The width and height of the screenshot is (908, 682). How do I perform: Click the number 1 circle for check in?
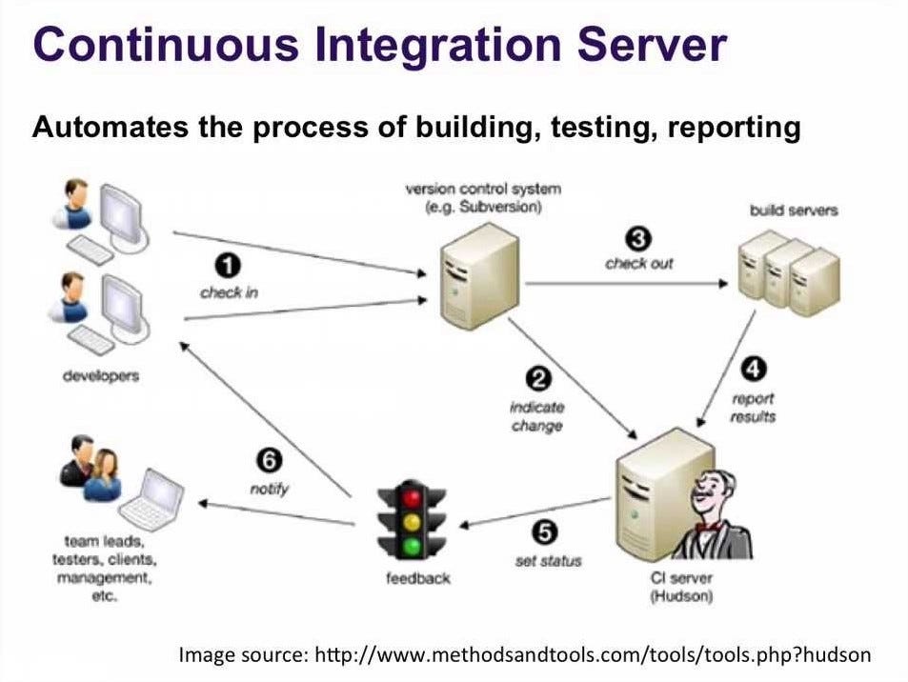(x=229, y=266)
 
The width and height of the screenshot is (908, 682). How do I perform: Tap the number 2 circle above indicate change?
(x=538, y=379)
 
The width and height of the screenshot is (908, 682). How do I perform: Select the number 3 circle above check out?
(x=637, y=237)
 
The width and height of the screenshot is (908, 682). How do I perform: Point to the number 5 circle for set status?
(x=547, y=533)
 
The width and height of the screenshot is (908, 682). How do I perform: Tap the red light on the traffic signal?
(x=412, y=498)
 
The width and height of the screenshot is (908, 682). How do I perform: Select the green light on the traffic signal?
(x=412, y=547)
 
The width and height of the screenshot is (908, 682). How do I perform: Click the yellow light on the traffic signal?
(x=412, y=522)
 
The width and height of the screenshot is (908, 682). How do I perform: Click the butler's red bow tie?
(x=706, y=526)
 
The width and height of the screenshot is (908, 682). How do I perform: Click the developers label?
(x=100, y=375)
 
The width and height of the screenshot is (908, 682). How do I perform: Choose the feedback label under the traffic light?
(x=417, y=577)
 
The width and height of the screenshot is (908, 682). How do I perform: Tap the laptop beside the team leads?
(x=152, y=497)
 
